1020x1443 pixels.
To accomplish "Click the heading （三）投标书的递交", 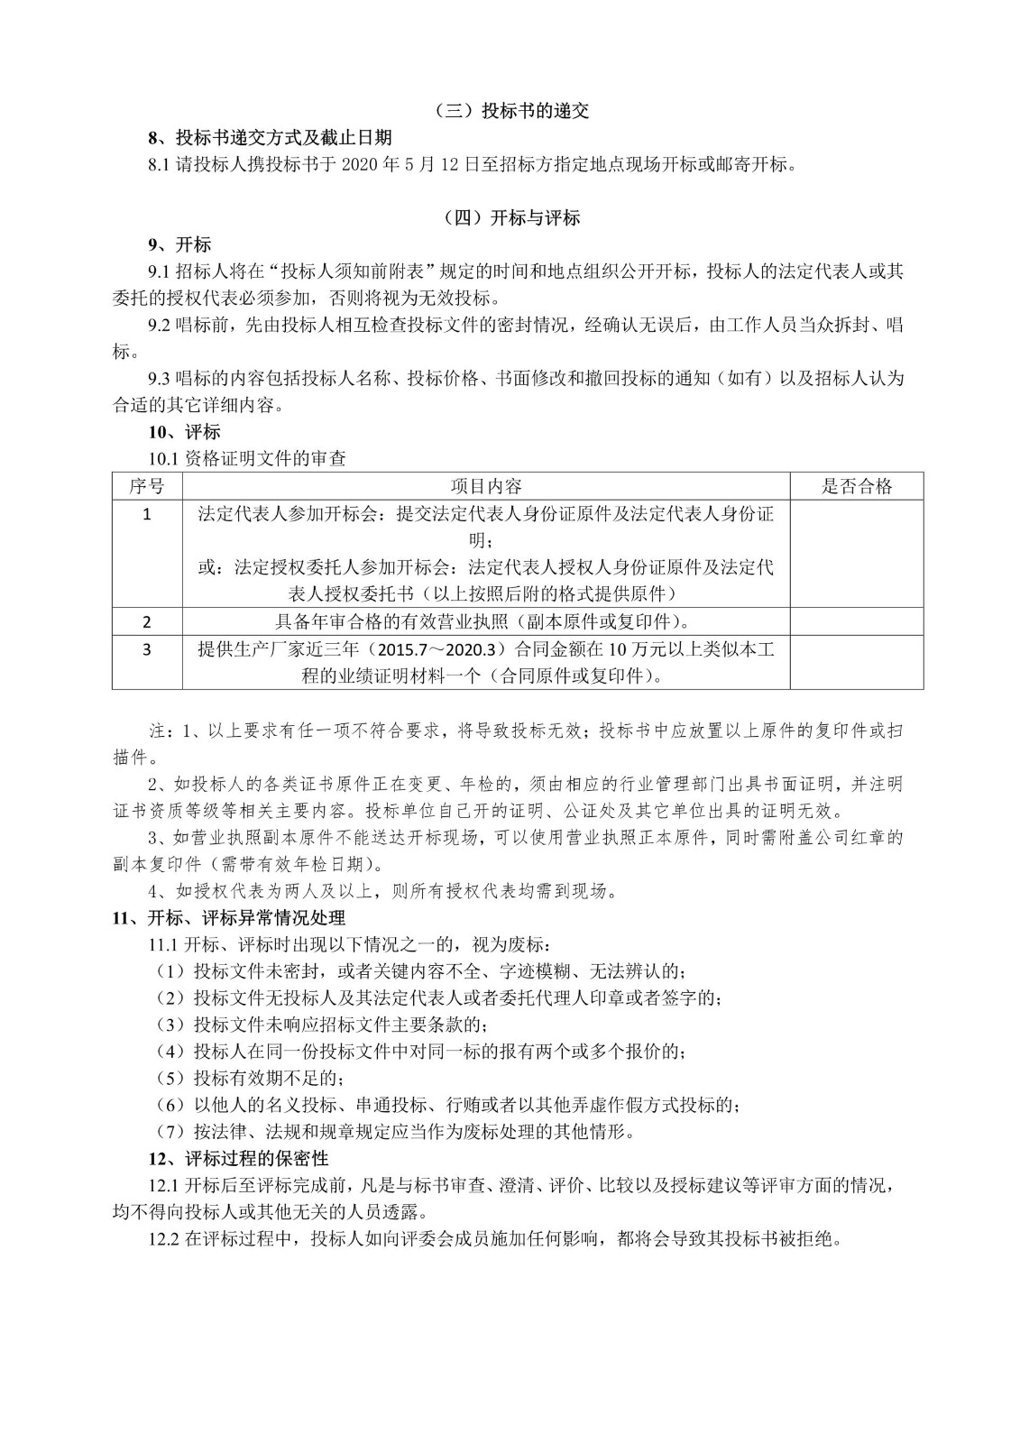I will (510, 111).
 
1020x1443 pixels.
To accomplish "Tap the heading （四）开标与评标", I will (510, 217).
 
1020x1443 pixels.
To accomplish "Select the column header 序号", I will (147, 486).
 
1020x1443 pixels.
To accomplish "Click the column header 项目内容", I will (486, 486).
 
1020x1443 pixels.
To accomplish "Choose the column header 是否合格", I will (856, 486).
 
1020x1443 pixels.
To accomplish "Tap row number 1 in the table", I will (147, 514).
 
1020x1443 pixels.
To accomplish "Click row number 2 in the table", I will (147, 621).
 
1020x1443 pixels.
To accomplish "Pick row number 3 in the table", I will (147, 649).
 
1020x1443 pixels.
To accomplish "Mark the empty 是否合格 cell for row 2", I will (856, 621).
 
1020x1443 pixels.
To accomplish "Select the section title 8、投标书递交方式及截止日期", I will (271, 138).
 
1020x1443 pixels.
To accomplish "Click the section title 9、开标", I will (179, 244).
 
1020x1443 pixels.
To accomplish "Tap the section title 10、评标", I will (184, 432).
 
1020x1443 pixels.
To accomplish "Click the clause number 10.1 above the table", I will (164, 459).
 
